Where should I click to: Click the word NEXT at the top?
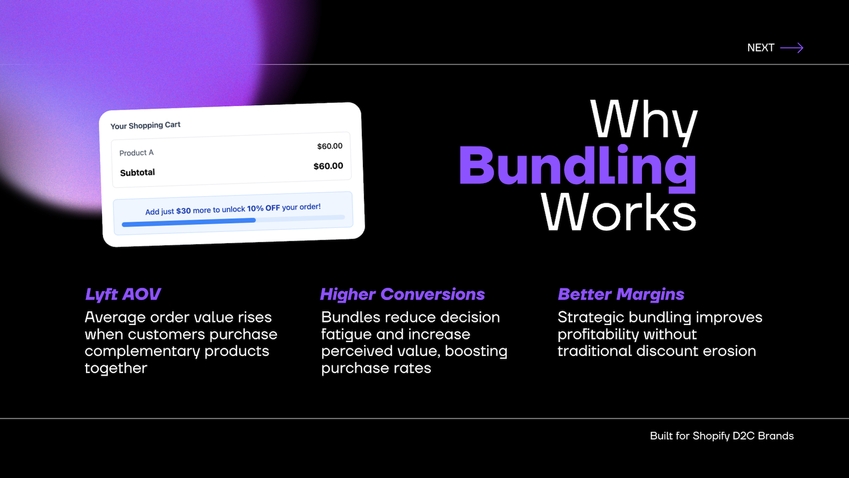click(760, 48)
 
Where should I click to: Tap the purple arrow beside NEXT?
click(792, 48)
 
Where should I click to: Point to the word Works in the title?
click(619, 212)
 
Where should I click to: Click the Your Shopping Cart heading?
click(145, 125)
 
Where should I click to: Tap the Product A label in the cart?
click(136, 152)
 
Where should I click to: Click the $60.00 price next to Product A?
click(330, 146)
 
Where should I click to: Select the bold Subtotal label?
click(137, 173)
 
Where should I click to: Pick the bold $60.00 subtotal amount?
click(328, 166)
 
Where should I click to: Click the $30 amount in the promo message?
click(184, 211)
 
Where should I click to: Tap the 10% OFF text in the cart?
click(263, 208)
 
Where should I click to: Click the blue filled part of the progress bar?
click(189, 223)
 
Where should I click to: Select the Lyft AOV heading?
click(123, 294)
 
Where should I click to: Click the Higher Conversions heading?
click(403, 294)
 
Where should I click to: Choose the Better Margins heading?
click(621, 294)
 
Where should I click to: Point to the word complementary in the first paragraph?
click(142, 351)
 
